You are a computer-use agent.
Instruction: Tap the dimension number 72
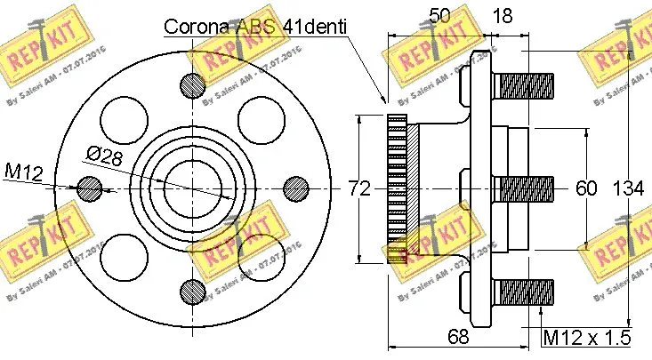[358, 188]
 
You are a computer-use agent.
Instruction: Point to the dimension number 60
[586, 188]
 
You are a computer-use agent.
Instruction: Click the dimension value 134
[630, 188]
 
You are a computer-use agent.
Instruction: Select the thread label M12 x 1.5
[587, 337]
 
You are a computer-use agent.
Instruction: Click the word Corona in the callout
[197, 27]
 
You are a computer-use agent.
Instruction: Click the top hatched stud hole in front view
[190, 85]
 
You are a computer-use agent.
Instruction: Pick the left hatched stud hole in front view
[88, 188]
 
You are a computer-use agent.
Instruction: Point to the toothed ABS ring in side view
[398, 188]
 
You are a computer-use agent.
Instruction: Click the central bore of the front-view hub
[190, 188]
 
